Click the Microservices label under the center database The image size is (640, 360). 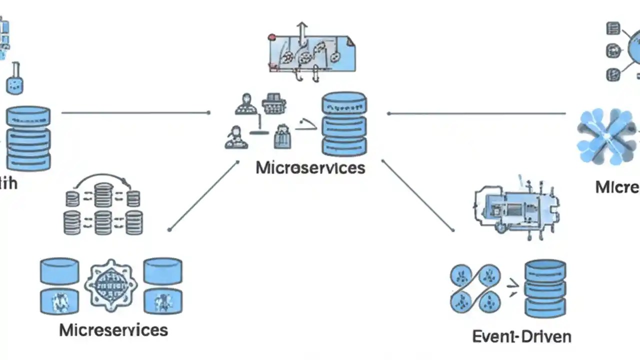310,168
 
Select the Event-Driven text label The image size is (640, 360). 521,336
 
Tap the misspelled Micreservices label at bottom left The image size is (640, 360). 113,330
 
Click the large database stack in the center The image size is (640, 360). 344,123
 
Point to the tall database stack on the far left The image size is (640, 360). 28,137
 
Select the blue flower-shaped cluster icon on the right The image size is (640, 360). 605,136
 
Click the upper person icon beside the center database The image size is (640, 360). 245,104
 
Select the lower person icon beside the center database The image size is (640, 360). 236,138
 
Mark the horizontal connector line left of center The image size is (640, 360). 135,113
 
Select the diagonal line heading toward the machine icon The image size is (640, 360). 417,195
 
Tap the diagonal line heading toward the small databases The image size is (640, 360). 204,195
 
